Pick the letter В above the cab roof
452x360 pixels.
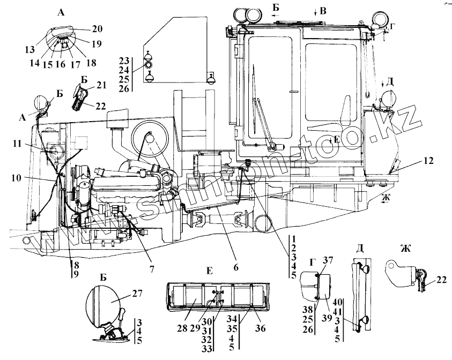tap(323, 10)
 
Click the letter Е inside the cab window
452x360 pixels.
tap(336, 139)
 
